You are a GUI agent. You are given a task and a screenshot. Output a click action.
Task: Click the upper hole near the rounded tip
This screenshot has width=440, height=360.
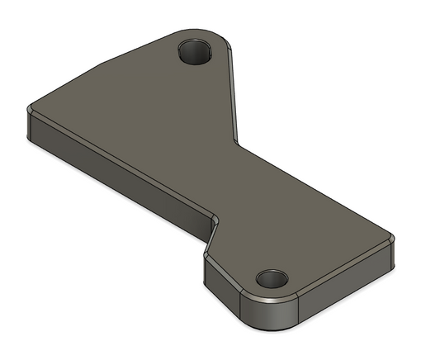click(196, 52)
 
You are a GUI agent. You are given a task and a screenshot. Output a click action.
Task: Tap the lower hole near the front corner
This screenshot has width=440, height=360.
click(270, 278)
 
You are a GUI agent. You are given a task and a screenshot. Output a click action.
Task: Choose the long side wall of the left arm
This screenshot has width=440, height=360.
click(116, 169)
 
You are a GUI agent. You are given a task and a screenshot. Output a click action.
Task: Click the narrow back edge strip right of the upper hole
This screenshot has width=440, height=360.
click(234, 91)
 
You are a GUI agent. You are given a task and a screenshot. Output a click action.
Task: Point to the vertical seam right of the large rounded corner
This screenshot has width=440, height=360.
click(298, 310)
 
